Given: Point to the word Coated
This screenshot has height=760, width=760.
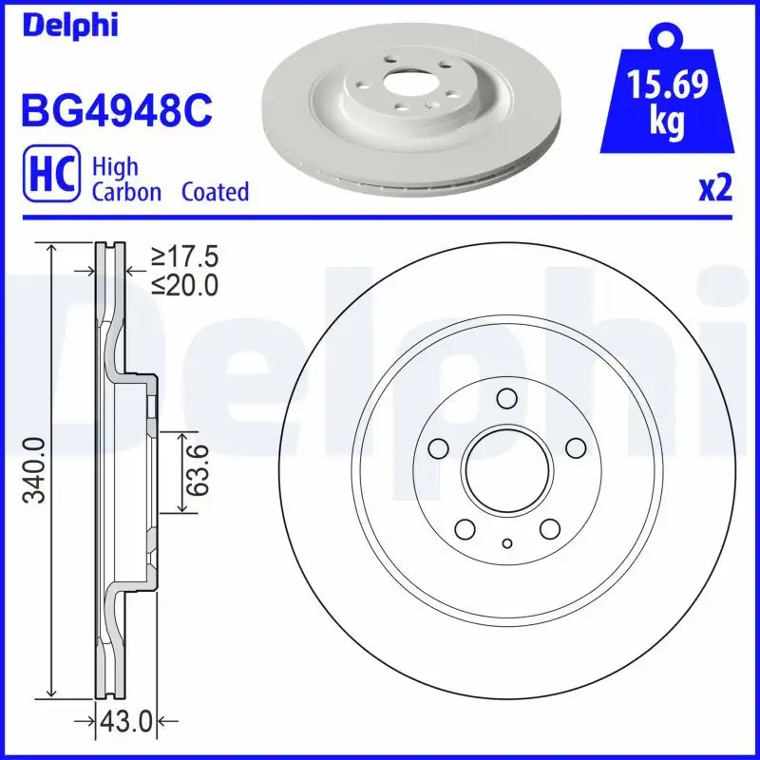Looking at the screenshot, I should click(x=215, y=192).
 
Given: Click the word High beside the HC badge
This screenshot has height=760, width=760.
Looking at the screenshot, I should click(x=115, y=167).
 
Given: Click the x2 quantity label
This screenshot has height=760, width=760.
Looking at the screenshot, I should click(x=714, y=190).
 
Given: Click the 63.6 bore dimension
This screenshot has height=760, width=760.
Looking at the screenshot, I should click(x=197, y=472).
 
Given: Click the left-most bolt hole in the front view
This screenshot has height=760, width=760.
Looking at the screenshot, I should click(x=439, y=446).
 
